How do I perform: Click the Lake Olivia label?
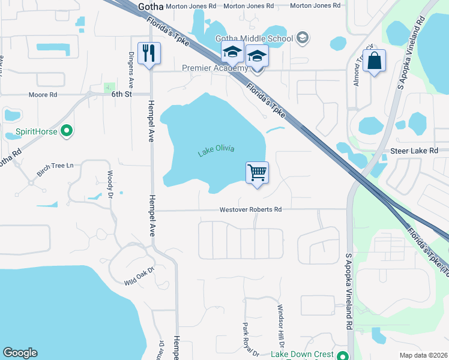[x=216, y=151]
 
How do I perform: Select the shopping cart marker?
[x=257, y=173]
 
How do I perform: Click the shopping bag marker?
[x=374, y=61]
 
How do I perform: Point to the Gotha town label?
[x=150, y=6]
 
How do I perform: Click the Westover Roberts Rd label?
[x=250, y=210]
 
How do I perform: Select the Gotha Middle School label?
[x=254, y=38]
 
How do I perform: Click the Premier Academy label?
[x=215, y=68]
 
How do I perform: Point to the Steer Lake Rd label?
[x=415, y=151]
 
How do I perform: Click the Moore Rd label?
[x=43, y=95]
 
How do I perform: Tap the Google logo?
[x=20, y=353]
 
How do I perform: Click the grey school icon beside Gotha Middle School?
[x=302, y=38]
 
